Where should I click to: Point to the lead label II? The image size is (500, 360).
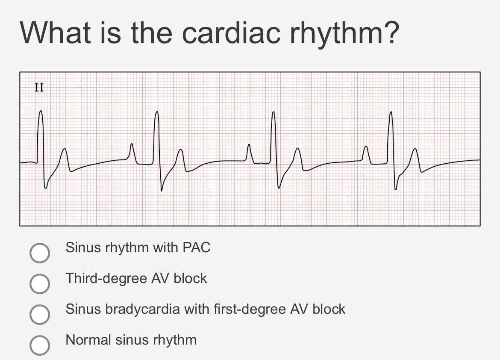pyautogui.click(x=39, y=88)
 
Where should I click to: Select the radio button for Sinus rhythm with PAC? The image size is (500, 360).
pyautogui.click(x=39, y=253)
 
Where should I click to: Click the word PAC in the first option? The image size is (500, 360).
pyautogui.click(x=197, y=248)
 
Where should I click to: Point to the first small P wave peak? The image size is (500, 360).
pyautogui.click(x=132, y=144)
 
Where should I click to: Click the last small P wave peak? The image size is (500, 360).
pyautogui.click(x=365, y=147)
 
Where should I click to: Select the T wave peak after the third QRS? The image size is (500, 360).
pyautogui.click(x=298, y=149)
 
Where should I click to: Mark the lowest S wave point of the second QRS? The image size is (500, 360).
pyautogui.click(x=162, y=191)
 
